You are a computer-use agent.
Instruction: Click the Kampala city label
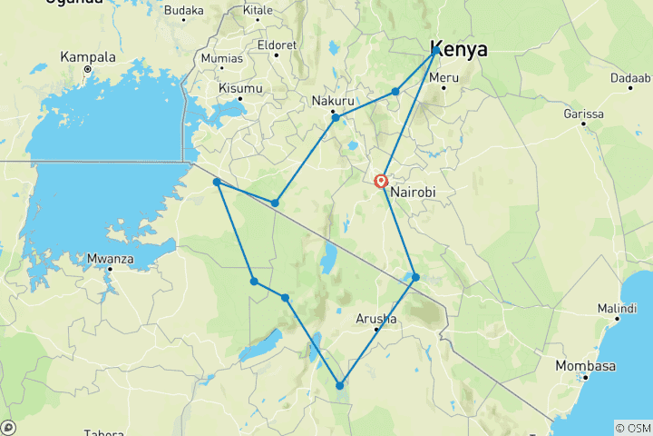[88, 56]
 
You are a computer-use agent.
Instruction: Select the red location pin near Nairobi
[382, 181]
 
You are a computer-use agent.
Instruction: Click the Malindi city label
[616, 309]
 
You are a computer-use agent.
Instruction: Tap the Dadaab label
[630, 78]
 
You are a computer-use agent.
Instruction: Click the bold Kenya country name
[459, 49]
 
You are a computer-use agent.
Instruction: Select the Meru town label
[444, 78]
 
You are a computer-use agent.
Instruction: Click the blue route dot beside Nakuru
[336, 118]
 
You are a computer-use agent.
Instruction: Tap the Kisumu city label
[240, 88]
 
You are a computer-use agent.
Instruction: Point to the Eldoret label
[276, 43]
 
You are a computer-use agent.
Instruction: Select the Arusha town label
[376, 318]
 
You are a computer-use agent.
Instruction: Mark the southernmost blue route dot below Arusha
[340, 385]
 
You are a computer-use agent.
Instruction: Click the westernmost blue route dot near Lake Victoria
[217, 183]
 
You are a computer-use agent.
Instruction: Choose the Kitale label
[258, 10]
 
